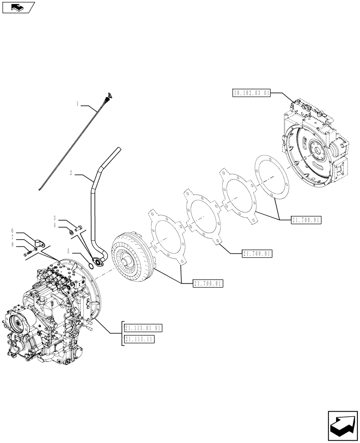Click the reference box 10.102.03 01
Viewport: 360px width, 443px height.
coord(251,93)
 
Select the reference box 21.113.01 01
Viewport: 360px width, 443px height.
coord(144,328)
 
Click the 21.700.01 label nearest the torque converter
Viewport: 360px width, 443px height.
coord(208,283)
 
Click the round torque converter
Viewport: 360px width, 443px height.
coord(131,259)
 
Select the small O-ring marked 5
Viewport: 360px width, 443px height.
coord(90,265)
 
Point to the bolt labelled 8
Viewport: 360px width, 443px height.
coord(28,253)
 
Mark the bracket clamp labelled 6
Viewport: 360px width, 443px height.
coord(39,243)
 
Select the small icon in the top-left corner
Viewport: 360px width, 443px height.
coord(18,8)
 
